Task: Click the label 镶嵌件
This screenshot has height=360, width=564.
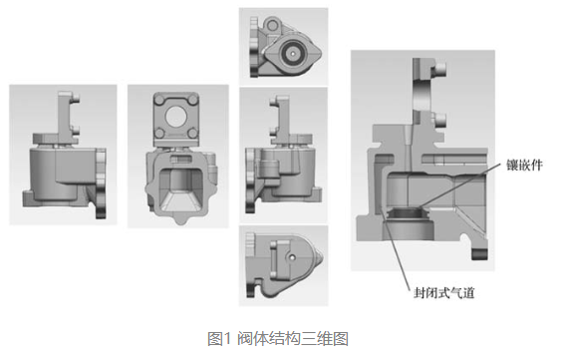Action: click(x=524, y=165)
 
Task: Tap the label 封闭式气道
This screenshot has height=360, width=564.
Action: click(x=443, y=292)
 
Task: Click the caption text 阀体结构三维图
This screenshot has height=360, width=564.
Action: click(x=293, y=339)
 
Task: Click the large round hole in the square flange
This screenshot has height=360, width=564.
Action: click(x=176, y=117)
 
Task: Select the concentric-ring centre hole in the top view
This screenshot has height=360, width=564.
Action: click(x=293, y=53)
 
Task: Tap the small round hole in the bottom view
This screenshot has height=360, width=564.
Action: click(x=292, y=257)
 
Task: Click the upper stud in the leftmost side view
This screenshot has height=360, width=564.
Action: click(x=76, y=98)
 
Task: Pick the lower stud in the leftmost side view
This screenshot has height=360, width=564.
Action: click(x=76, y=130)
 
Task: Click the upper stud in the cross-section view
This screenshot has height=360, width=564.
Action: click(x=440, y=68)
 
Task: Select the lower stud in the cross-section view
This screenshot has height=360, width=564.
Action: click(x=440, y=120)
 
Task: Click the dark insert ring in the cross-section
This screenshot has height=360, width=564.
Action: click(x=407, y=213)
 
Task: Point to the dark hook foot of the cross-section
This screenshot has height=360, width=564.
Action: click(x=480, y=254)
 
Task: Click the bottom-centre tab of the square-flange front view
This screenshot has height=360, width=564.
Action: click(x=181, y=219)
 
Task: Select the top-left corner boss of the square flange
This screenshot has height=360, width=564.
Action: click(x=159, y=99)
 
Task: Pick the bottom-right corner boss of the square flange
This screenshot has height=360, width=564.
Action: click(x=193, y=134)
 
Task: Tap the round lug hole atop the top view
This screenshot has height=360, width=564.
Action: click(x=273, y=25)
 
